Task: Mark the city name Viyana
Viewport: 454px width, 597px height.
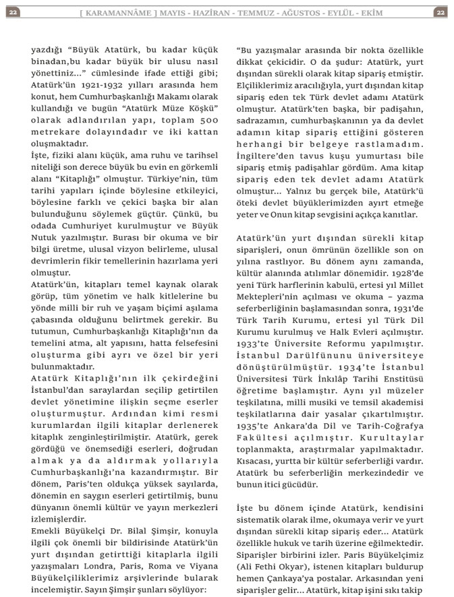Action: point(204,575)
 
